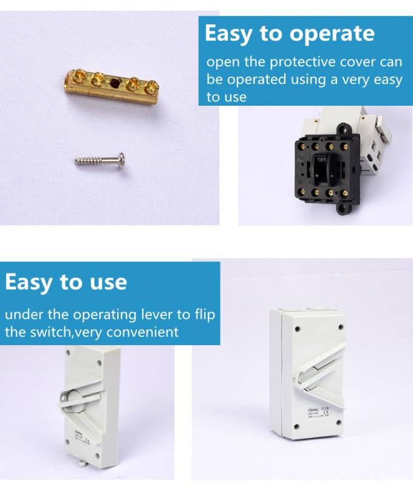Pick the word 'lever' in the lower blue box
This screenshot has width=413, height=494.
point(160,315)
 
